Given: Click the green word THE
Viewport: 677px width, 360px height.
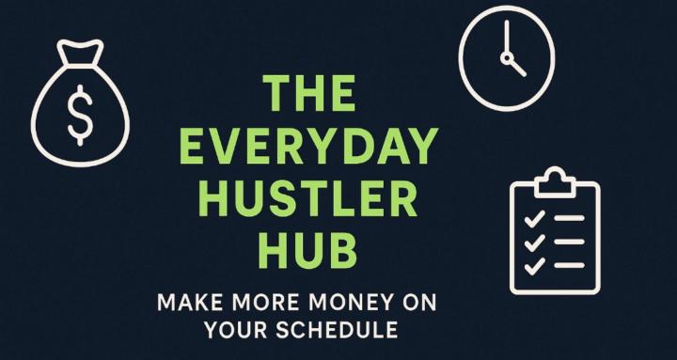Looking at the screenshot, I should coord(309,95).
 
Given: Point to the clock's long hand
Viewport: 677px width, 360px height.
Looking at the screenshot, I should coord(504,39).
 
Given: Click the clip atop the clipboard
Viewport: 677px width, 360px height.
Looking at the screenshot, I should coord(555,178).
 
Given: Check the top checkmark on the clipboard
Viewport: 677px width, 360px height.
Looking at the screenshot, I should coord(533,219).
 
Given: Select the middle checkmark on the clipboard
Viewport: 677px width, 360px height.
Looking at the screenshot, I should coord(533,242).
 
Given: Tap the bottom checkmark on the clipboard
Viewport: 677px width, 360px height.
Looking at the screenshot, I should coord(533,265).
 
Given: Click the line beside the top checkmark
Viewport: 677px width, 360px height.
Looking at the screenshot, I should coord(570,219).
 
